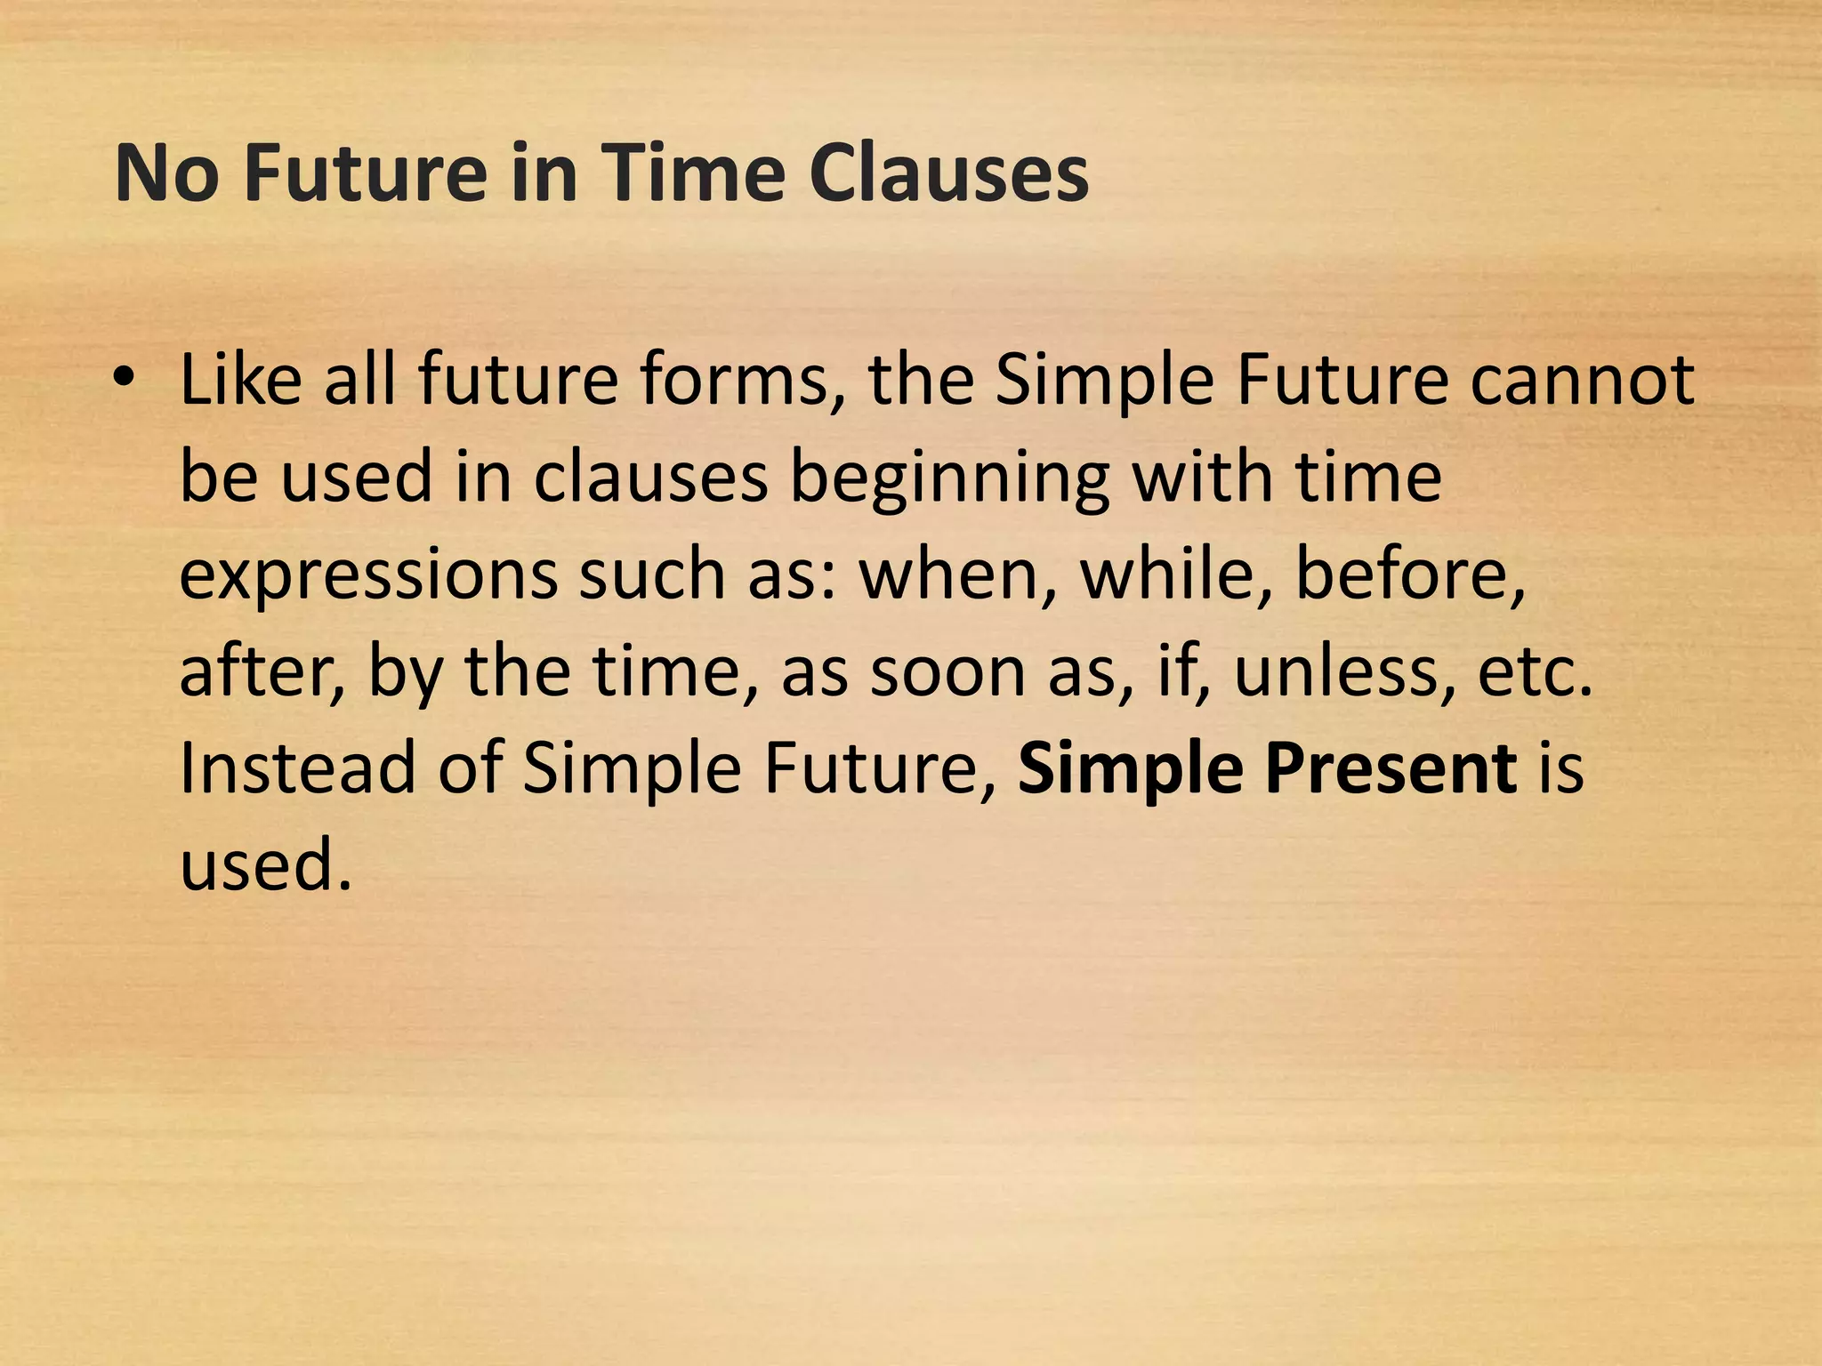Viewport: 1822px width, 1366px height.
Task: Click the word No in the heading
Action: tap(166, 173)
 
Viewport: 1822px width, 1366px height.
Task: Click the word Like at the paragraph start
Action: tap(240, 381)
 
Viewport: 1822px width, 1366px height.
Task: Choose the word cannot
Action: tap(1582, 381)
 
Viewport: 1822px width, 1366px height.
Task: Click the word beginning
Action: tap(949, 478)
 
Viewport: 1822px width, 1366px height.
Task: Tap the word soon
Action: tap(947, 671)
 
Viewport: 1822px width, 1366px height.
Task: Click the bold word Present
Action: tap(1391, 769)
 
